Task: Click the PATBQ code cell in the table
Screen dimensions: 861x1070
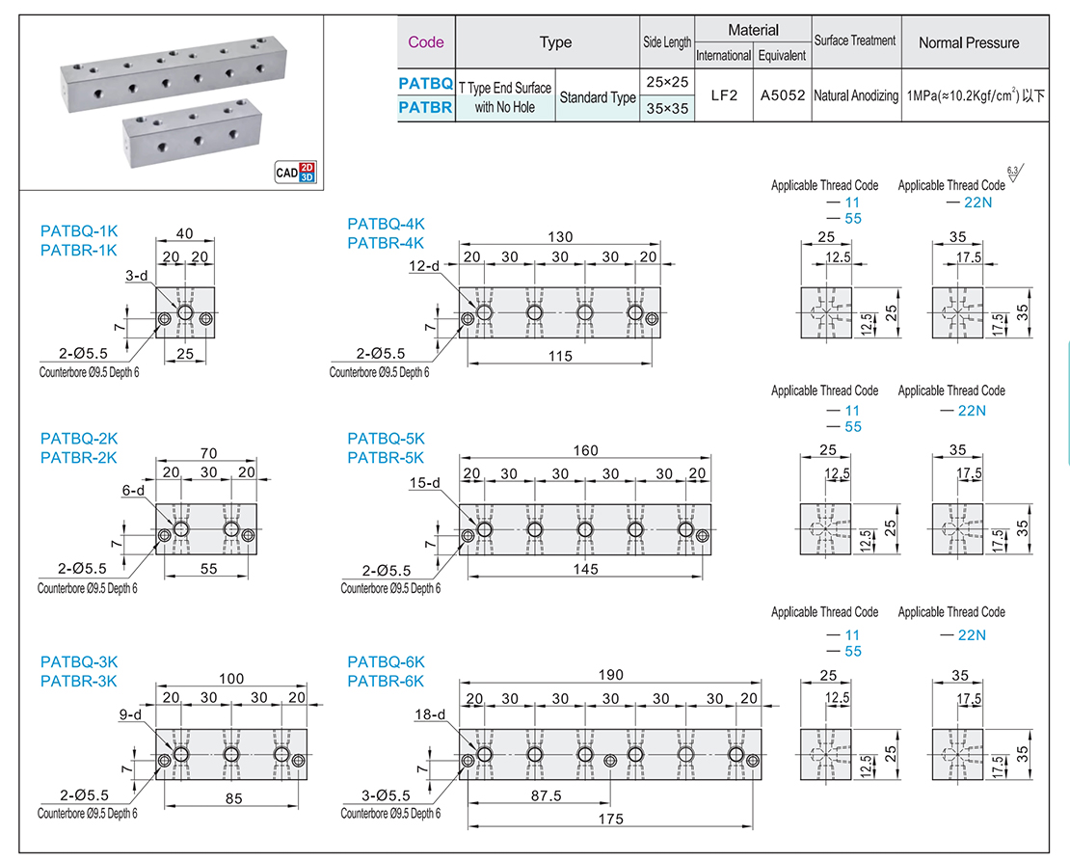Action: (425, 84)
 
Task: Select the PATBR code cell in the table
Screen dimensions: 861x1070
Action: (425, 108)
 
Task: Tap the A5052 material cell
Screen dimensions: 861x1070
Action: (782, 96)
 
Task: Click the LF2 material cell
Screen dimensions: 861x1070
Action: (723, 96)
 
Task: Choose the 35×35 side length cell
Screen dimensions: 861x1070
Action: (667, 109)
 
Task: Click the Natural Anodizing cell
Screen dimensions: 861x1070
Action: (855, 96)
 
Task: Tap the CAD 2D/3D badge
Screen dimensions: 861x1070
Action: (295, 174)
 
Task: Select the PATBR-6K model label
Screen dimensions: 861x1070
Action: (386, 681)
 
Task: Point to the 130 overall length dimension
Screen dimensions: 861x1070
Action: (560, 237)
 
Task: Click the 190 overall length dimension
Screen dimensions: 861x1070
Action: (611, 675)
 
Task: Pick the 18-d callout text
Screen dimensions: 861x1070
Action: (429, 715)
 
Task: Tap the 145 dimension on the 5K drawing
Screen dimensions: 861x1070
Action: (584, 569)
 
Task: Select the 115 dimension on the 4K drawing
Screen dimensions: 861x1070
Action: (559, 356)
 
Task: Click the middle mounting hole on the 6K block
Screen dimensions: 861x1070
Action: (609, 761)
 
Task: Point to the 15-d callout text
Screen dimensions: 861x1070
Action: (424, 483)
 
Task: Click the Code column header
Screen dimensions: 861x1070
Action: (425, 42)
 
